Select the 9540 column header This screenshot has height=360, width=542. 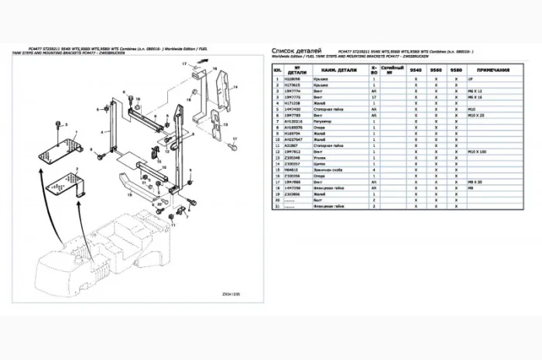[415, 69]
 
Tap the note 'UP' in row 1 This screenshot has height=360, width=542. [471, 79]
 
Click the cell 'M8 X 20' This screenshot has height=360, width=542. [480, 183]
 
